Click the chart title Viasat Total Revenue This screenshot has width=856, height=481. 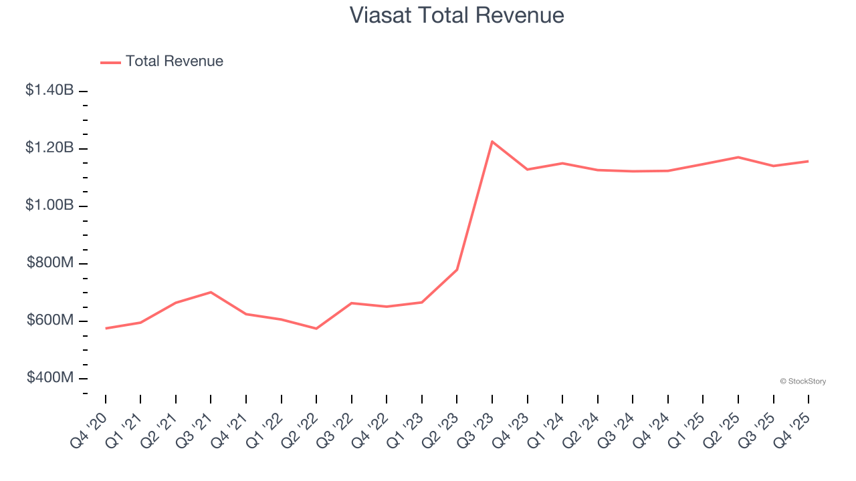pyautogui.click(x=457, y=15)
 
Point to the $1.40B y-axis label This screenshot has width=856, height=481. pyautogui.click(x=49, y=90)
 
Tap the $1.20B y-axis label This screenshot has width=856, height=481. pyautogui.click(x=49, y=148)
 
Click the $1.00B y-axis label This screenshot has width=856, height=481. pyautogui.click(x=49, y=205)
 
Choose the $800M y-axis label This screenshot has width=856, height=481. pyautogui.click(x=50, y=263)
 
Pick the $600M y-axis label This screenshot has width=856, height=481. pyautogui.click(x=50, y=321)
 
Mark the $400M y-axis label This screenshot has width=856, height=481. pyautogui.click(x=50, y=378)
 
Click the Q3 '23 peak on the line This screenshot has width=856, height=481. pyautogui.click(x=492, y=142)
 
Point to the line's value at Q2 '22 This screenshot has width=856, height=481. pyautogui.click(x=316, y=329)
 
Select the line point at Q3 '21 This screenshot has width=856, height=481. pyautogui.click(x=211, y=292)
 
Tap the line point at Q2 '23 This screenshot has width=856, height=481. pyautogui.click(x=457, y=269)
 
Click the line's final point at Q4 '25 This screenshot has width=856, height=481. pyautogui.click(x=808, y=161)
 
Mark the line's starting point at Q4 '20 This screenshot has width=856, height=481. pyautogui.click(x=106, y=328)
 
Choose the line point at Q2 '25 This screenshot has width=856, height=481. pyautogui.click(x=738, y=157)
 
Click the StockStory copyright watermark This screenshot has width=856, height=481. pyautogui.click(x=802, y=381)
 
